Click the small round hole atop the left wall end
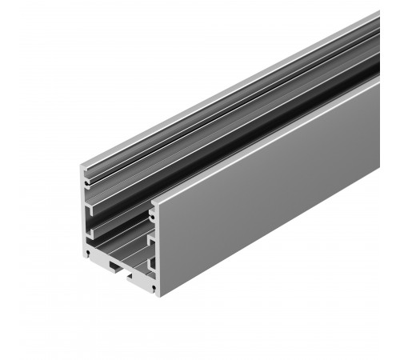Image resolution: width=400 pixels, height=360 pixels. click(x=86, y=182)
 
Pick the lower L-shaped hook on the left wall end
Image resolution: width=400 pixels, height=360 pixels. click(x=90, y=232)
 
